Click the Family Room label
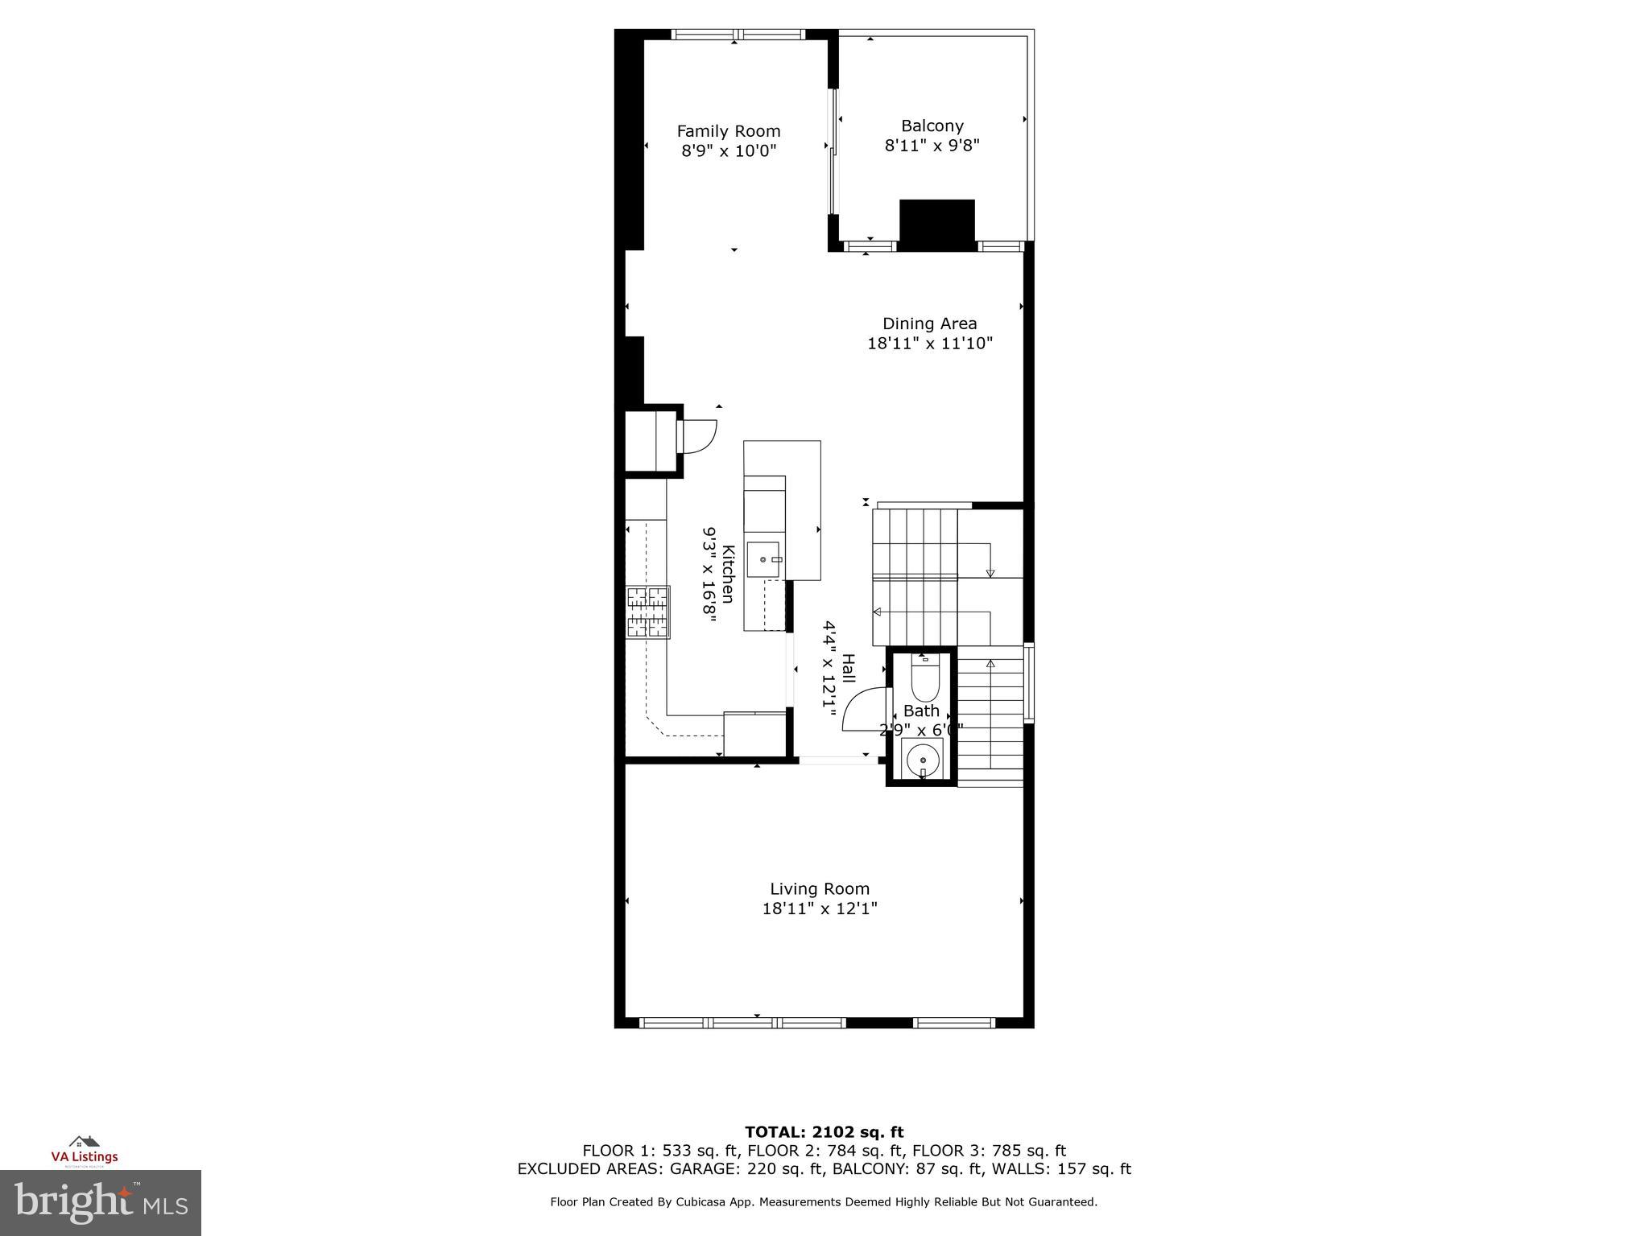point(728,131)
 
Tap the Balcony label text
point(932,126)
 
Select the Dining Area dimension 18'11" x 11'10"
point(929,344)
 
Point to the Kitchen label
point(728,574)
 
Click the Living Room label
point(820,888)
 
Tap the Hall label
point(848,669)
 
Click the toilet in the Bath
point(924,680)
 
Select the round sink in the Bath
point(923,759)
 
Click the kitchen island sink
point(763,559)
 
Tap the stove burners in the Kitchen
point(648,612)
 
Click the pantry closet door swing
point(699,437)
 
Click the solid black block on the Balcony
point(936,225)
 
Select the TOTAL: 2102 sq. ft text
point(824,1132)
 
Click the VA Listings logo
point(84,1150)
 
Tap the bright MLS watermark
point(101,1202)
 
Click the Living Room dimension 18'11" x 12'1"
point(820,908)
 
